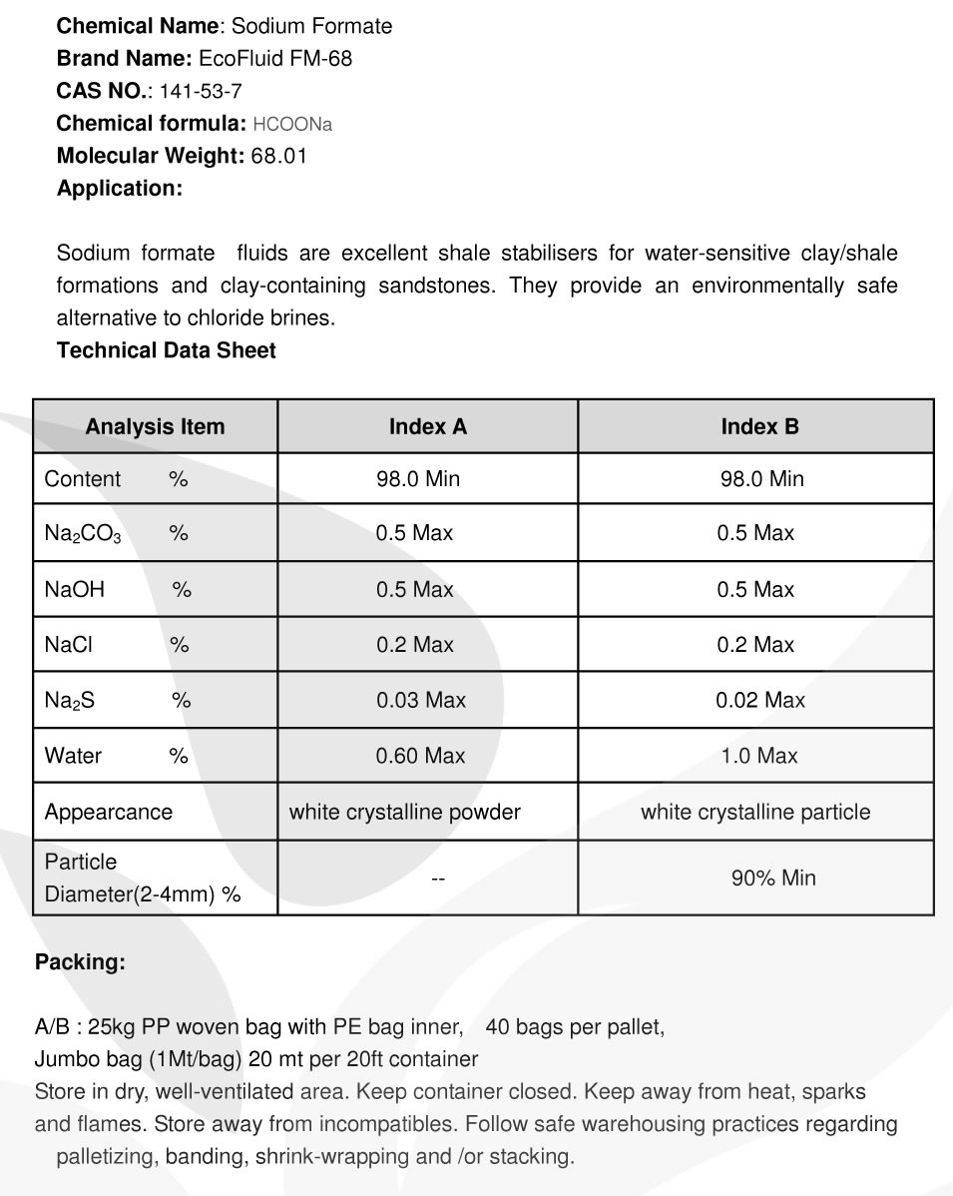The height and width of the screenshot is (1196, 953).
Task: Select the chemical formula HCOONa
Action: click(x=292, y=124)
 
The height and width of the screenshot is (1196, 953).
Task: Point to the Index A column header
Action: click(x=427, y=427)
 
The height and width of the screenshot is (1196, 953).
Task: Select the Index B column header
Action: click(x=759, y=427)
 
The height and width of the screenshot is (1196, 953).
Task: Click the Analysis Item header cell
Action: click(x=155, y=427)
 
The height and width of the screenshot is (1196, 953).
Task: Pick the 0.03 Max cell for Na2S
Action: click(x=420, y=701)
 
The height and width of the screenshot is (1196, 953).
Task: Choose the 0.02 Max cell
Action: click(x=759, y=701)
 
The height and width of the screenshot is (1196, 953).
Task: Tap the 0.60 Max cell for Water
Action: click(x=420, y=757)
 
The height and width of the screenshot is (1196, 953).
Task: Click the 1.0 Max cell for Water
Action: click(x=759, y=757)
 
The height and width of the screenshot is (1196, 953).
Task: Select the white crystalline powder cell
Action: click(x=404, y=813)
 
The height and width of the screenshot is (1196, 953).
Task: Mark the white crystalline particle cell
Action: click(x=755, y=813)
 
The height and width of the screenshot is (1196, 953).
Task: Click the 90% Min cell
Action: click(x=773, y=879)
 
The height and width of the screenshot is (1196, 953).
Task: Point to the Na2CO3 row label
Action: click(x=83, y=534)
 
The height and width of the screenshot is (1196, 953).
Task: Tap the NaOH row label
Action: click(x=75, y=590)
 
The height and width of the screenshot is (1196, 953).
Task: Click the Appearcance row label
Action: click(x=109, y=813)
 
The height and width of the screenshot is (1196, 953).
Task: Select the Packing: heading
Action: click(x=80, y=963)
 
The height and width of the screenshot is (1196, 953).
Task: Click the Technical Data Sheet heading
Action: click(x=167, y=350)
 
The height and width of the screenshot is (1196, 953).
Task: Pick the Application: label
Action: click(x=120, y=188)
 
